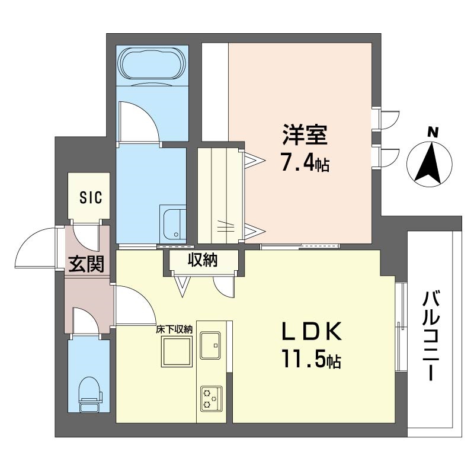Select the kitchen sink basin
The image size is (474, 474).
coord(210,345)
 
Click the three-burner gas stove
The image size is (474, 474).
coord(211,399)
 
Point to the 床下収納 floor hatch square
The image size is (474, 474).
coord(177,352)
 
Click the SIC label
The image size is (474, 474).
coord(91,197)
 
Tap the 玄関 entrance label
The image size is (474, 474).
coord(86,264)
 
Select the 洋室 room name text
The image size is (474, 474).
coord(305,135)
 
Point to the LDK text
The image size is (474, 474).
coord(312,331)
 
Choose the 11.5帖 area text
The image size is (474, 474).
coord(312,359)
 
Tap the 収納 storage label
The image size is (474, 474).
coord(203,260)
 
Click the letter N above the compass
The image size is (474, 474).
coord(433,132)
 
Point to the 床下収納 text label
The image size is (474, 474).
coord(174,329)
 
